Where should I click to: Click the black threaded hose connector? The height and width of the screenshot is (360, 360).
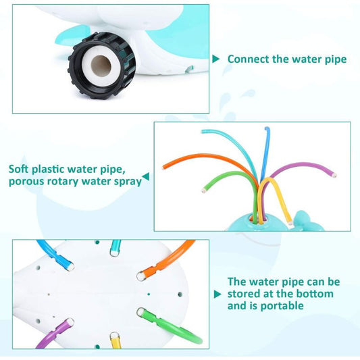pyautogui.click(x=102, y=66)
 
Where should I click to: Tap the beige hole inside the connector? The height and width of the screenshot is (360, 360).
pyautogui.click(x=101, y=66)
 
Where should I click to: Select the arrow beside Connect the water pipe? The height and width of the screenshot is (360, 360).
pyautogui.click(x=216, y=59)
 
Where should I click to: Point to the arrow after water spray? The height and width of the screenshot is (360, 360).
pyautogui.click(x=146, y=176)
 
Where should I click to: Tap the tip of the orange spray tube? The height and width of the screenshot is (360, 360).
pyautogui.click(x=163, y=168)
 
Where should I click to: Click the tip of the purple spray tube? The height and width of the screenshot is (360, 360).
pyautogui.click(x=334, y=176)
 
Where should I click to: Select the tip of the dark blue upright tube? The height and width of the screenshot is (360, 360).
pyautogui.click(x=267, y=128)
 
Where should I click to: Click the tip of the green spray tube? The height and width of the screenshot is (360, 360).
pyautogui.click(x=203, y=190)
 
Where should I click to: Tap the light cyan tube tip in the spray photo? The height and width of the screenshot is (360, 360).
pyautogui.click(x=203, y=132)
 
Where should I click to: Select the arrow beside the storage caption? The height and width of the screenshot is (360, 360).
pyautogui.click(x=217, y=294)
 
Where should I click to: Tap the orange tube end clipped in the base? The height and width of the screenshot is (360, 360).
pyautogui.click(x=140, y=276)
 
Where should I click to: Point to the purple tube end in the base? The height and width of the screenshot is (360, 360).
pyautogui.click(x=70, y=322)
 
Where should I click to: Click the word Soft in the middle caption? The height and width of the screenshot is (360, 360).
pyautogui.click(x=19, y=170)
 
